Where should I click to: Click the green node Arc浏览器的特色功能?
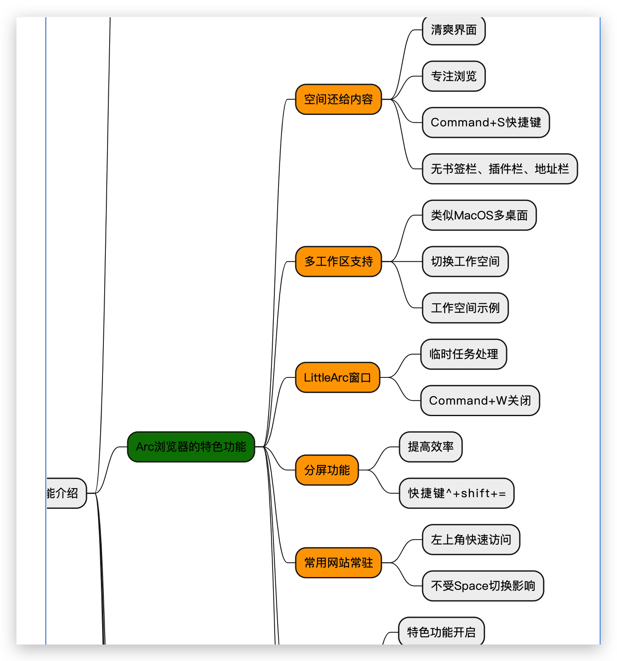point(191,447)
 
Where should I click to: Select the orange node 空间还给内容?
point(339,99)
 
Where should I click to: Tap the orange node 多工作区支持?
point(339,261)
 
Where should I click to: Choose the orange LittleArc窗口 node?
point(338,377)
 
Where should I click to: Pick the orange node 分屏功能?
point(327,470)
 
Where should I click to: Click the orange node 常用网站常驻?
point(339,563)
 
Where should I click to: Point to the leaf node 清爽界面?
point(454,30)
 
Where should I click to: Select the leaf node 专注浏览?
point(454,76)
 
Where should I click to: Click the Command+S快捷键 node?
point(486,122)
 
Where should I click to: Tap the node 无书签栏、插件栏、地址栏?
point(500,169)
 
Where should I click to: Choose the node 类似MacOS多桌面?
point(479,215)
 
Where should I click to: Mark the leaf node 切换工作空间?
point(465,261)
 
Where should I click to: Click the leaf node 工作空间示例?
point(465,308)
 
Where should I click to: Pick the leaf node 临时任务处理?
point(464,354)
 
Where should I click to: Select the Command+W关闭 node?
point(480,400)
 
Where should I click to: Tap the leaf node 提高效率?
point(431,447)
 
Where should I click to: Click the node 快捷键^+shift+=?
point(457,493)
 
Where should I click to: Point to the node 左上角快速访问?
point(471,540)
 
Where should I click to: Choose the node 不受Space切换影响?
point(483,586)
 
